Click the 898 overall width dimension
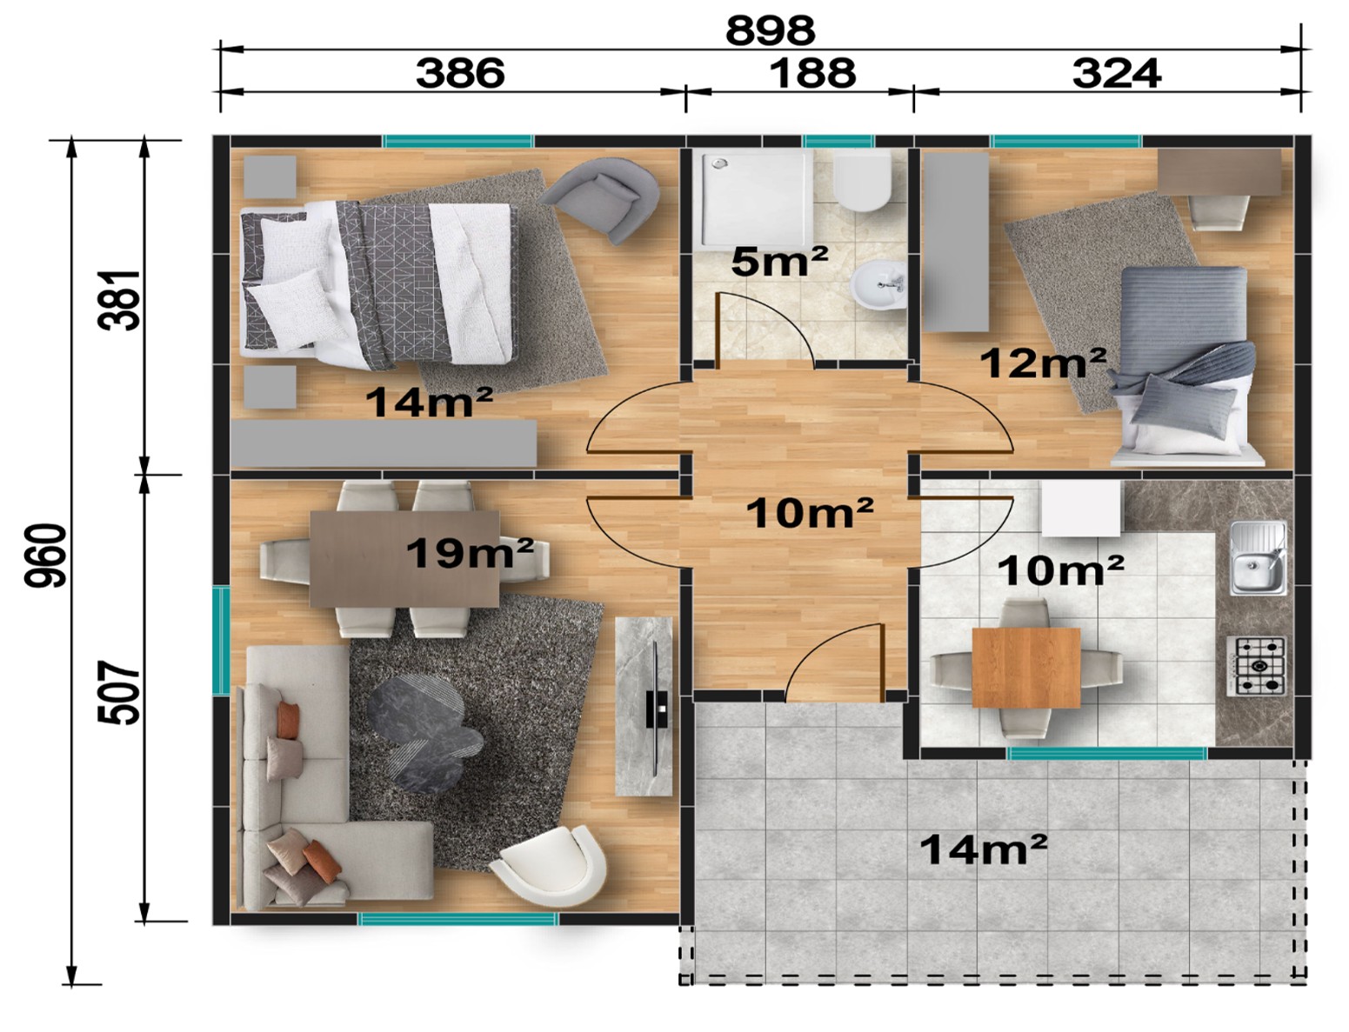pos(770,30)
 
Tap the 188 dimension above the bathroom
pos(811,73)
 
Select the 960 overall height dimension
pos(45,556)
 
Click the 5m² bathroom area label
pos(779,262)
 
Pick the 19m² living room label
pos(470,553)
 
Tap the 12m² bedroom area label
pos(1043,363)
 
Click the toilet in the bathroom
pos(862,181)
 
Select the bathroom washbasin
pos(878,283)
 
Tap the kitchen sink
pos(1258,558)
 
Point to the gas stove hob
pos(1256,667)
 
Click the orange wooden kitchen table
pos(1025,667)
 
